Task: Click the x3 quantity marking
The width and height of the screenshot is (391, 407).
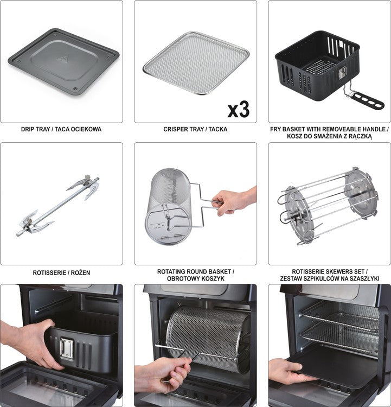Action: [x=238, y=109]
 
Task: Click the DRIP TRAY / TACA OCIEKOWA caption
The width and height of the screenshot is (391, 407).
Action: [x=61, y=130]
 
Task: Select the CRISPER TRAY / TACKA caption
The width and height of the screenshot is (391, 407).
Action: [x=195, y=130]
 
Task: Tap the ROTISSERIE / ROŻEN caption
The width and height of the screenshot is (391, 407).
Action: [x=61, y=272]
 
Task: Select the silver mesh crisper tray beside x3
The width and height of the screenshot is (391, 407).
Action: [x=195, y=62]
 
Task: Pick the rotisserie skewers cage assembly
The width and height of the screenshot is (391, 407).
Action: [x=325, y=206]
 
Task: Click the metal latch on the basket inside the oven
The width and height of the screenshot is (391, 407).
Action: [x=67, y=347]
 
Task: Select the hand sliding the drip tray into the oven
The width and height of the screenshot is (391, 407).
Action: [x=285, y=372]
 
